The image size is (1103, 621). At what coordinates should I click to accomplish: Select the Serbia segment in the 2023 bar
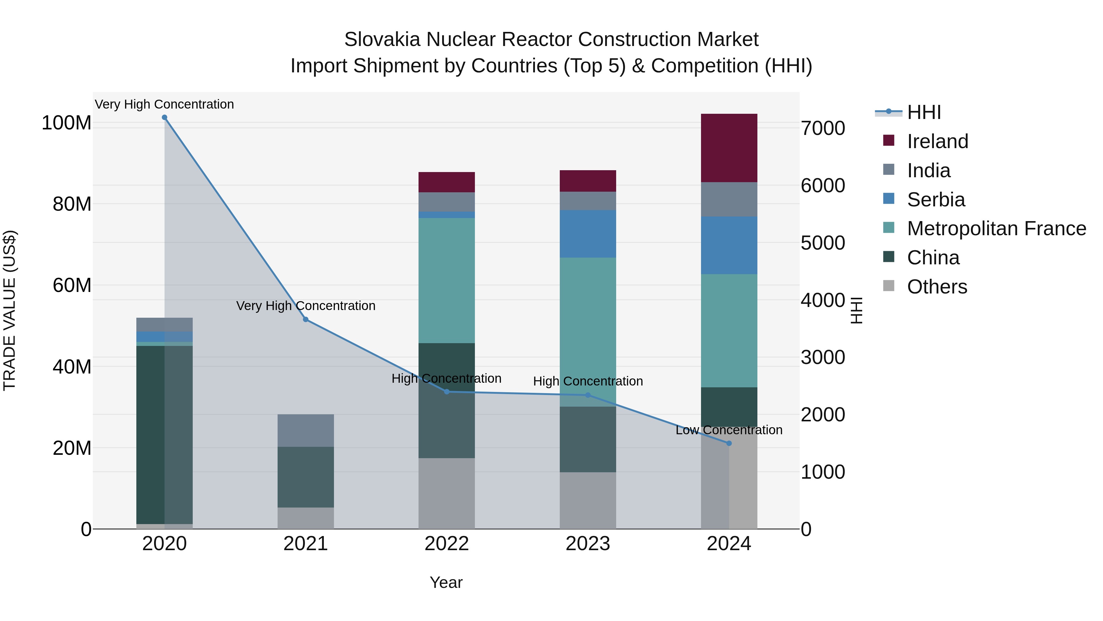click(587, 234)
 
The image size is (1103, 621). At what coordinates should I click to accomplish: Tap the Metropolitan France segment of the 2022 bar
click(447, 280)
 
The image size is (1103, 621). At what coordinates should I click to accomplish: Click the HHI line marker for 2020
click(165, 117)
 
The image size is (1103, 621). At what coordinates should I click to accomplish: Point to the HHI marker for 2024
click(729, 443)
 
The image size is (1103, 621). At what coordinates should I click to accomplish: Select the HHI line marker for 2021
click(306, 319)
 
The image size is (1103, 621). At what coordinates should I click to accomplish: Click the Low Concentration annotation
click(729, 430)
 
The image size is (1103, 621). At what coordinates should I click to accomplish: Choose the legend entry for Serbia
click(936, 200)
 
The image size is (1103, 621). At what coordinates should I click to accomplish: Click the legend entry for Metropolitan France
click(996, 228)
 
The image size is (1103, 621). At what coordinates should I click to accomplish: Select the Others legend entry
click(937, 287)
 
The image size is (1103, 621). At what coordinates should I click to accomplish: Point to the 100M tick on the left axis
click(66, 123)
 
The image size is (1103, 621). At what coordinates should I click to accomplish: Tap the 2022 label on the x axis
click(447, 544)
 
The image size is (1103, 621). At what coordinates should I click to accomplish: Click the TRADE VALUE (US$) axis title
click(9, 310)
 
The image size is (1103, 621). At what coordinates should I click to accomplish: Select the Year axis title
click(446, 582)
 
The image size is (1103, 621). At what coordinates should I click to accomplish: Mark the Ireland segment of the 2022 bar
click(447, 182)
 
